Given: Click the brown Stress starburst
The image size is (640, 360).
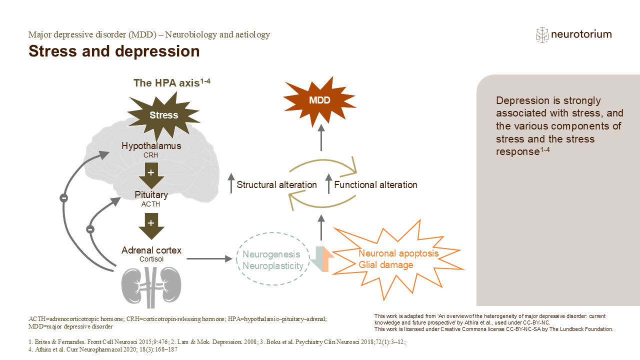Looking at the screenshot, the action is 163,115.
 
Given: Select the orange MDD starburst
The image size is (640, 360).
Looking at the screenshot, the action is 319,100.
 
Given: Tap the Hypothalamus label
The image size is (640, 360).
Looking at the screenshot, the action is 151,145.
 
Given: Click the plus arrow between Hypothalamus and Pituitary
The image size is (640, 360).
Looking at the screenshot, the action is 151,175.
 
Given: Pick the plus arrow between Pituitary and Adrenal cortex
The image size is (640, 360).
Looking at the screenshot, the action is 151,226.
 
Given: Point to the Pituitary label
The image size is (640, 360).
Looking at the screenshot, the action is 151,194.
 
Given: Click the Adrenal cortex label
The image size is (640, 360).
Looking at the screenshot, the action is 151,250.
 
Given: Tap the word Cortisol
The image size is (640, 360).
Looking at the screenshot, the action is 151,259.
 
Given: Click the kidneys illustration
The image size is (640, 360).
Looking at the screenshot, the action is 151,287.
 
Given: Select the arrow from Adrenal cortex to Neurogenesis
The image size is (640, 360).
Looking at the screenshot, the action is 209,259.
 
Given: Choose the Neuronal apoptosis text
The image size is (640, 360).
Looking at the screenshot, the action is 398,253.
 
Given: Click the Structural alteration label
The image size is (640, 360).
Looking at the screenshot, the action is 276,185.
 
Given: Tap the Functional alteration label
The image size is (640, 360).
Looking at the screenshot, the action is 375,185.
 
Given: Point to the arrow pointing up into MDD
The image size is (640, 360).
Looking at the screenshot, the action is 321,137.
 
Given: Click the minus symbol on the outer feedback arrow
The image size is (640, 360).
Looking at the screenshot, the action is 63,198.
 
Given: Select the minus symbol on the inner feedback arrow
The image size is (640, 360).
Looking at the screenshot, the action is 90,229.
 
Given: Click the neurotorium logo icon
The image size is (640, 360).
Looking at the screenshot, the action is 542,35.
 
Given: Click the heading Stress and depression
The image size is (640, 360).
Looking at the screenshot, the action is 114,51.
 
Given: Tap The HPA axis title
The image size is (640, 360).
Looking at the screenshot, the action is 171,82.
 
